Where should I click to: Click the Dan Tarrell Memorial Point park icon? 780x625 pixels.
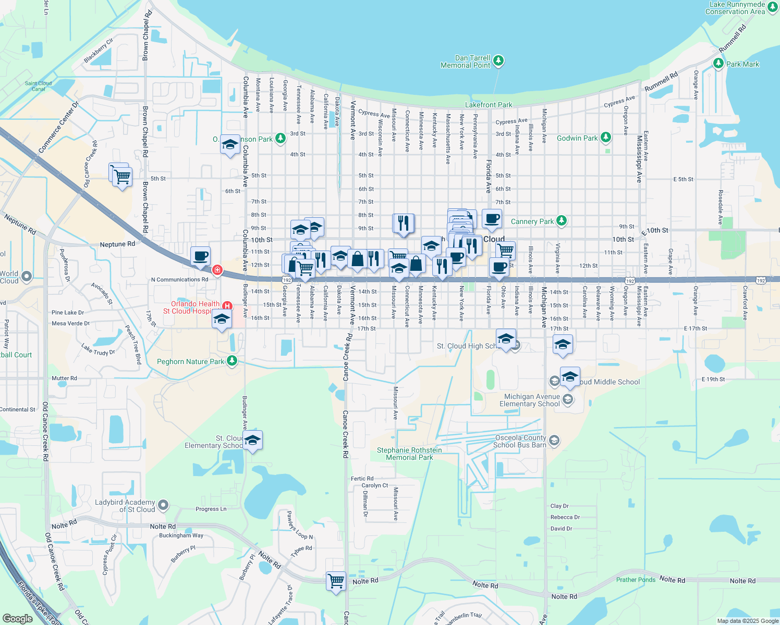498,61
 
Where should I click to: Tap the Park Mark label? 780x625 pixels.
742,64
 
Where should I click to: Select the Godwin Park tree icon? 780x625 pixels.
605,137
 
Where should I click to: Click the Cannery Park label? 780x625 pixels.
532,221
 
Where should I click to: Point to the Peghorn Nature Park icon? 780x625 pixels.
232,361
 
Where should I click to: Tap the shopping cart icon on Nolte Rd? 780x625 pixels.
336,580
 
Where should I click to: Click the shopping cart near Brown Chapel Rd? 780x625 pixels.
121,177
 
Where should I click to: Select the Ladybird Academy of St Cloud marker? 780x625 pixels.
163,505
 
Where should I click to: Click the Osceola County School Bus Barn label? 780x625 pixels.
520,441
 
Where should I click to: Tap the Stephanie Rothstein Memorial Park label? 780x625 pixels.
409,454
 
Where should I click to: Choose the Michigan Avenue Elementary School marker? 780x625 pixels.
568,399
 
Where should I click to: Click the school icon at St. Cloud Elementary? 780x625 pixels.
252,441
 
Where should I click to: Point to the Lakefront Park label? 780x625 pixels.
489,105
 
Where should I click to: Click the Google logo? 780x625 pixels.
18,618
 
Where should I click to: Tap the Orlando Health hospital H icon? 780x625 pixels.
227,306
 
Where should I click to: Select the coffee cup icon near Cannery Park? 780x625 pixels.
492,219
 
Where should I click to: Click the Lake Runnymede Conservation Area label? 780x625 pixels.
735,8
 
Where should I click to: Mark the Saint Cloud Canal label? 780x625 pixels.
38,86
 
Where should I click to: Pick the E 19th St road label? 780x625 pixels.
713,379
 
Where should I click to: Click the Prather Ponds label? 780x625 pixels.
636,580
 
